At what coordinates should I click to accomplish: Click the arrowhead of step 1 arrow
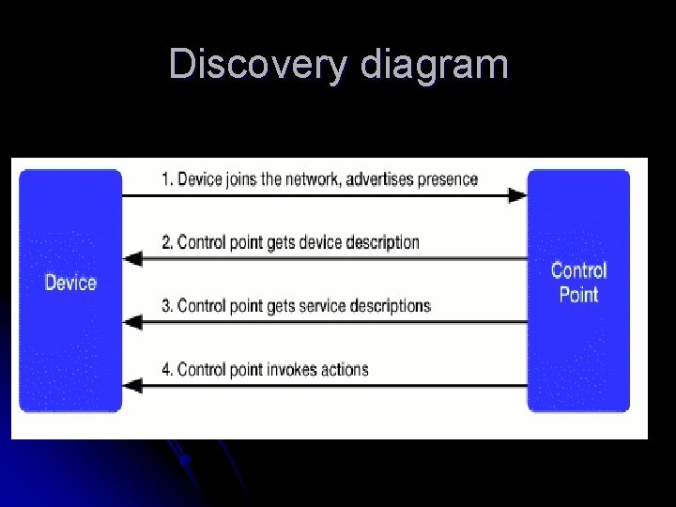517,195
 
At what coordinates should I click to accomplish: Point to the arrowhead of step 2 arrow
133,258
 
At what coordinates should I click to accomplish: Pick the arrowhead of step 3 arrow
133,322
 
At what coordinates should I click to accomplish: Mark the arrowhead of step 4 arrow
133,385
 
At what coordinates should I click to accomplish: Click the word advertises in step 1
378,178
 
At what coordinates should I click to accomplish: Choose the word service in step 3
323,305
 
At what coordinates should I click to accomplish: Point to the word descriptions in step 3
390,305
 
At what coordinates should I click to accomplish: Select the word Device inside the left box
70,282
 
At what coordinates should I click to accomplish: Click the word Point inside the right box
578,294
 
